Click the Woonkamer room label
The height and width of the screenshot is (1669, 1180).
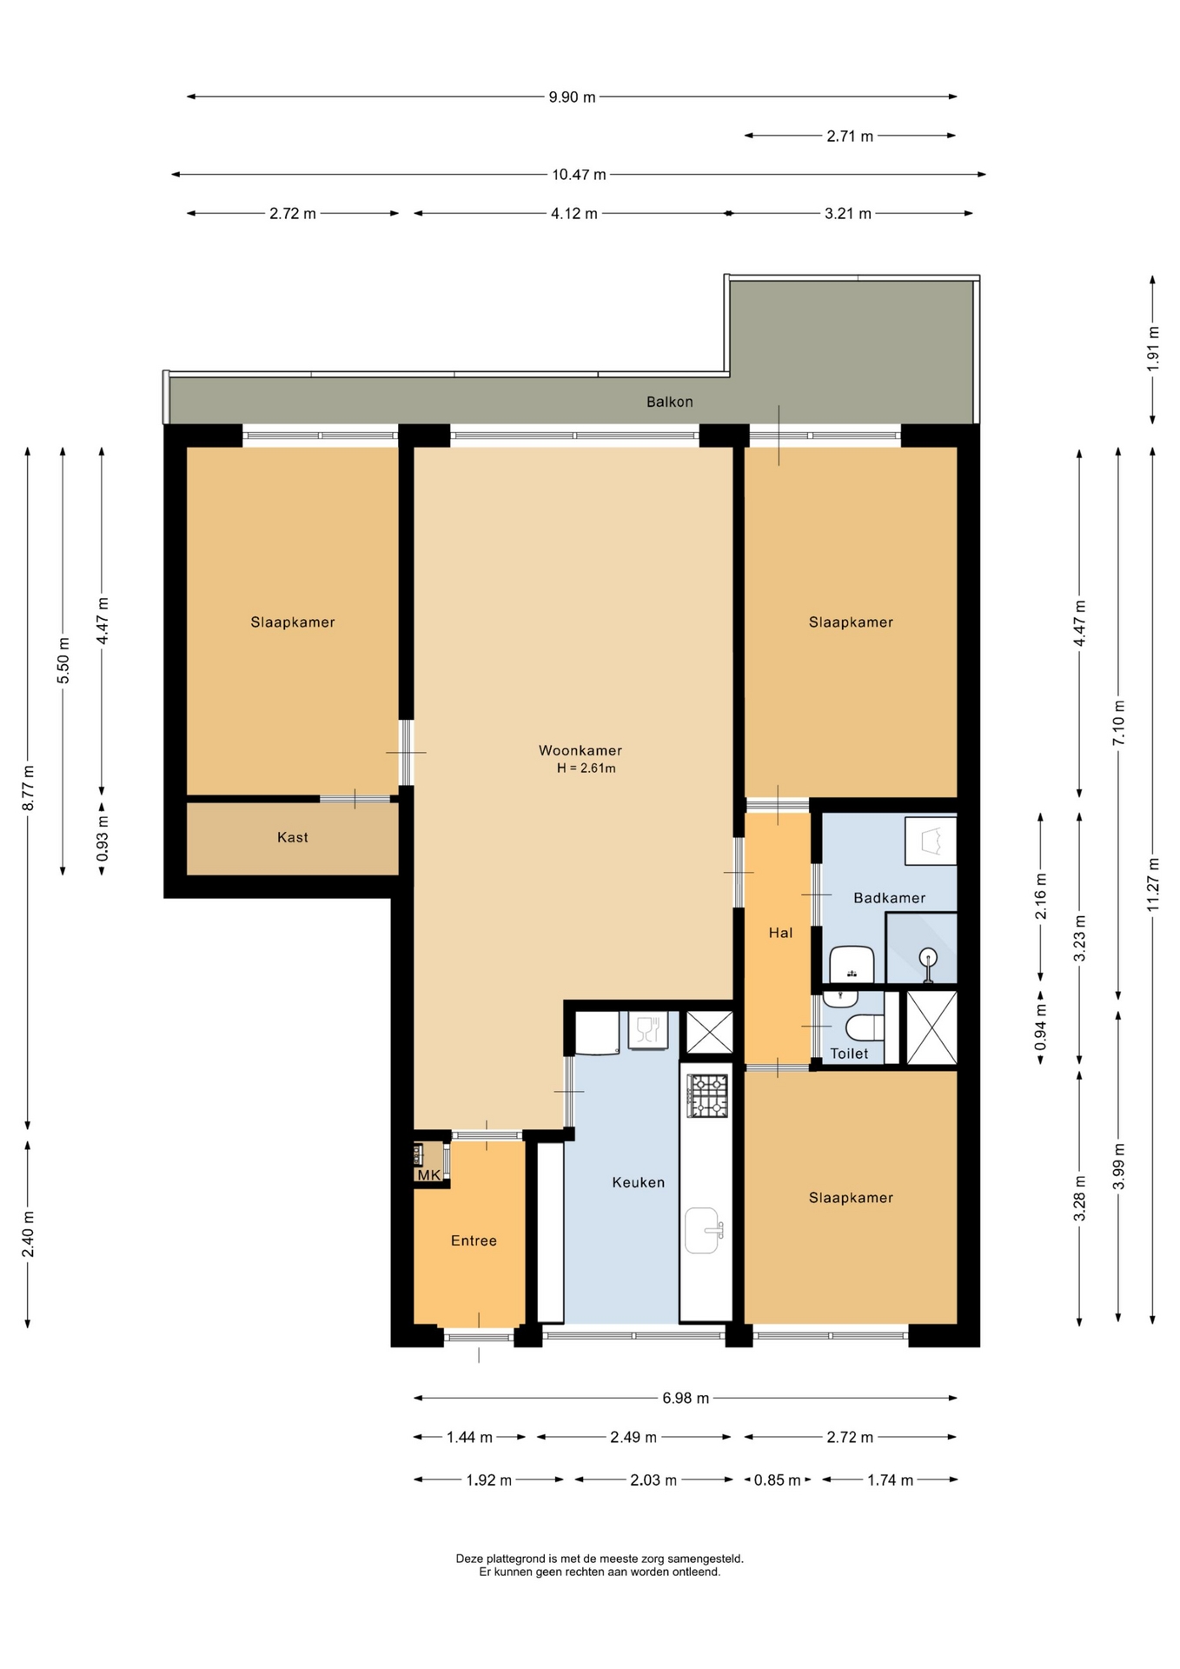pos(580,750)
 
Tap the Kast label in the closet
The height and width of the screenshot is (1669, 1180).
pos(293,837)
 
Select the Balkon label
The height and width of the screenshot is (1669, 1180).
pos(669,402)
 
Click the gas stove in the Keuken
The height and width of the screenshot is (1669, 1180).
pos(707,1095)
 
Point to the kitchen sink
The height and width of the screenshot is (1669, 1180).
pos(703,1230)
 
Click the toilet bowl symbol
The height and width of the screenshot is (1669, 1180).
pos(865,1027)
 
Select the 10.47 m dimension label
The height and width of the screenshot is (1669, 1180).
pos(579,175)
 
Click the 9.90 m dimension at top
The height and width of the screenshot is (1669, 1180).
pos(572,97)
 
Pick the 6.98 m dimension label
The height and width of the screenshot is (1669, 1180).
pos(686,1398)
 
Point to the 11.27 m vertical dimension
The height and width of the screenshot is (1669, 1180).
pos(1153,885)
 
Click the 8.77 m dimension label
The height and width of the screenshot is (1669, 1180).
pos(28,788)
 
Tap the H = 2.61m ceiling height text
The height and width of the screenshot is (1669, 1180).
pos(587,768)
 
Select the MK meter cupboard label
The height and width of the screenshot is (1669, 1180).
pos(429,1175)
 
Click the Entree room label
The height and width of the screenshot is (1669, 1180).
pos(474,1240)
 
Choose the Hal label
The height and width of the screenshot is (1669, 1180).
pos(780,933)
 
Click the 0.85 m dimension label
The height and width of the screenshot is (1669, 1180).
pos(777,1479)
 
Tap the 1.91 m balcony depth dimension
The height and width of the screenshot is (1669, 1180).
pos(1153,349)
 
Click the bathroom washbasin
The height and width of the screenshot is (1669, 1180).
pos(852,965)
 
